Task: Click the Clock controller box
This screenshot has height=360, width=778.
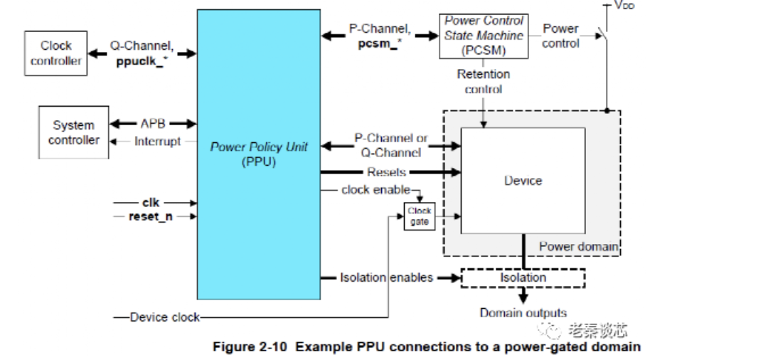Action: click(55, 53)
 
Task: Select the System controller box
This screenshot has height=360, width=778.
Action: click(74, 133)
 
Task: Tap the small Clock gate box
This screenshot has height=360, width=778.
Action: click(419, 216)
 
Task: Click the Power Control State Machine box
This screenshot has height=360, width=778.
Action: click(484, 36)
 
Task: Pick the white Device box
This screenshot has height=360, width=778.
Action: click(523, 181)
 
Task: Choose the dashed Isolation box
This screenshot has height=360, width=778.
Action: click(523, 277)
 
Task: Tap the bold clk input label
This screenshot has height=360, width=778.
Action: click(150, 202)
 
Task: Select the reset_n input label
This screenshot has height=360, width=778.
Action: click(150, 216)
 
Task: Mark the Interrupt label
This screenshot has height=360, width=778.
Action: click(157, 142)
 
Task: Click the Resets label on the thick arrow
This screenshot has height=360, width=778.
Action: click(386, 172)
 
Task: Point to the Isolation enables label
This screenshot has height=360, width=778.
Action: click(386, 277)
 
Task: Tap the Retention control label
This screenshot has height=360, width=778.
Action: click(483, 81)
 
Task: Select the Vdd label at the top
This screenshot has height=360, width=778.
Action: click(624, 6)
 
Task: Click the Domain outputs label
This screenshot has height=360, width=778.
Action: click(523, 313)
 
